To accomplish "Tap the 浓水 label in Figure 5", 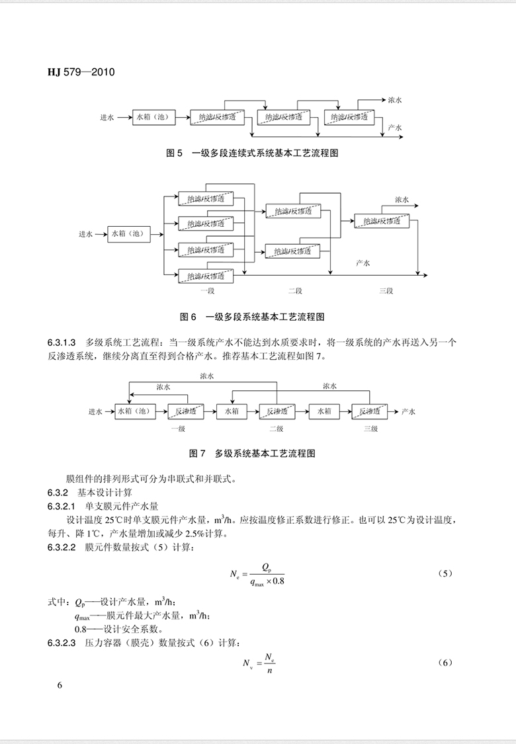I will (395, 100).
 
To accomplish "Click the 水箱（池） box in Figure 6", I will (126, 233).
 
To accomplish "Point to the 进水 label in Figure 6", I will (85, 233).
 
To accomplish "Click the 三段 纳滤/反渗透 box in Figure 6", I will (382, 221).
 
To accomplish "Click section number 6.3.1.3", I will (62, 343).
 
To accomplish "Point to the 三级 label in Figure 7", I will (370, 429).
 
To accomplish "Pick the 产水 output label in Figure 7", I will (408, 411).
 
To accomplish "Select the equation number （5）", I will (445, 572).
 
